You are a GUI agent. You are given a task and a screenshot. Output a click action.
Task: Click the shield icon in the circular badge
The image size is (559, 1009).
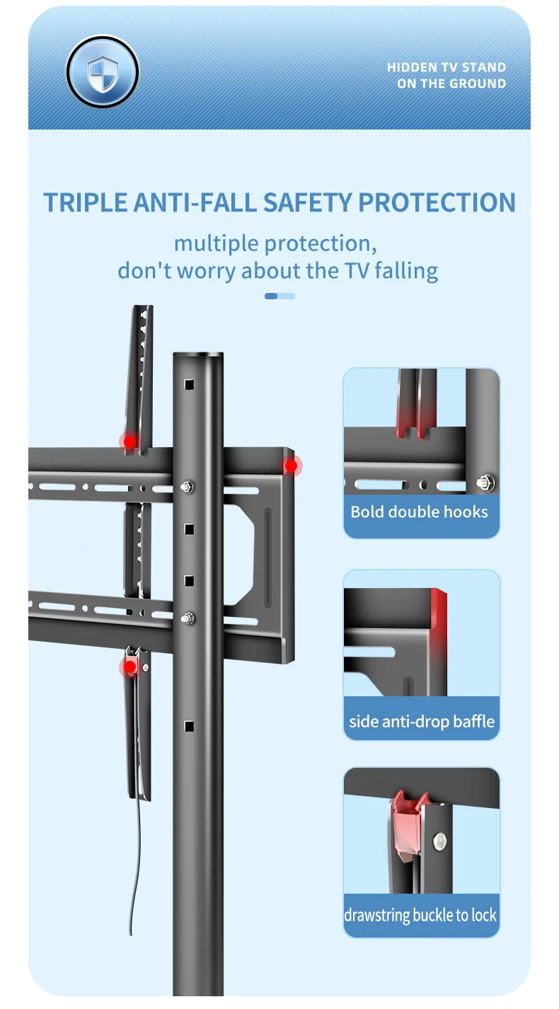103,73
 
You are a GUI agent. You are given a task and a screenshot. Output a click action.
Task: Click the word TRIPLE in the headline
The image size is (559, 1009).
85,202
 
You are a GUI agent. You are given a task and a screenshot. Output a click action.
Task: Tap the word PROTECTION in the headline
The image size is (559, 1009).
437,202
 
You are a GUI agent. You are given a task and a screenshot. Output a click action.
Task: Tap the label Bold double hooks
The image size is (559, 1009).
419,512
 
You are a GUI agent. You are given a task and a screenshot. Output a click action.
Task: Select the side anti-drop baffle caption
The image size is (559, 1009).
422,721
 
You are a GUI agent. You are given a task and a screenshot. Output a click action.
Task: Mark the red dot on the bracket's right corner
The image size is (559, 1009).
292,466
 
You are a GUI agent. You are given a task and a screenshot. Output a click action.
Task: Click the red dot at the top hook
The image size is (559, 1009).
129,442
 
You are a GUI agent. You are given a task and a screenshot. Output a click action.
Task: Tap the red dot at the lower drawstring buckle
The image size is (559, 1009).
129,667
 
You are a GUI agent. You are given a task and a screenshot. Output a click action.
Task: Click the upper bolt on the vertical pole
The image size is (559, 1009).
188,487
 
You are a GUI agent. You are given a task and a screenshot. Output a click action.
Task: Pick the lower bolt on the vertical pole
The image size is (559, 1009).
188,618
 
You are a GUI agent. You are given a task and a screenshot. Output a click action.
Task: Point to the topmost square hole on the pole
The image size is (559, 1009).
189,385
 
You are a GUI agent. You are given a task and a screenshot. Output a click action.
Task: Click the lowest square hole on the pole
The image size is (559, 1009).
189,726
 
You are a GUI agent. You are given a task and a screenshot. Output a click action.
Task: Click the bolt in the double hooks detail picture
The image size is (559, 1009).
486,483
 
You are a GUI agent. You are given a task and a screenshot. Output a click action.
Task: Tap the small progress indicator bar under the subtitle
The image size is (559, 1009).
279,296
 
